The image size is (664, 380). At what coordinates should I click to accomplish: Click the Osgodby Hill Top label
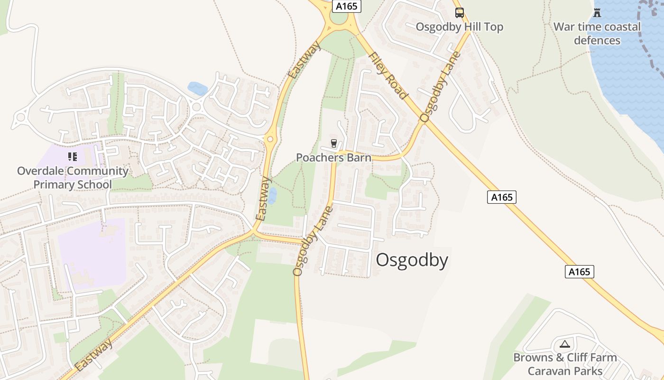459,27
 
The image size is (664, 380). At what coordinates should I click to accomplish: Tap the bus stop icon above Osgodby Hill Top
459,13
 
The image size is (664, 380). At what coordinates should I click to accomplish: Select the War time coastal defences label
597,33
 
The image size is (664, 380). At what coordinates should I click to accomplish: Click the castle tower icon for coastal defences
597,13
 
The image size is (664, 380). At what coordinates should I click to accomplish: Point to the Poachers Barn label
333,158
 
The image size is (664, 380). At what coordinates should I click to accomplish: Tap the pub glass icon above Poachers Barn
333,143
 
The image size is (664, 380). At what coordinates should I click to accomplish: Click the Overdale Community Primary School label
73,178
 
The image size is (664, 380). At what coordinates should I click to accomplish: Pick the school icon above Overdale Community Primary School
73,156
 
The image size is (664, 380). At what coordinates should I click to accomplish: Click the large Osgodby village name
412,260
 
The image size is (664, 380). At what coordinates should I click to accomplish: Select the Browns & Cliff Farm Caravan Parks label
565,364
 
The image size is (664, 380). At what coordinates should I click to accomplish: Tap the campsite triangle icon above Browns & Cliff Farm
564,344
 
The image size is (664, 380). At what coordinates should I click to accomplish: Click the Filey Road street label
388,76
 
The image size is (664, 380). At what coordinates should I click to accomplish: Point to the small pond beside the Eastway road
272,195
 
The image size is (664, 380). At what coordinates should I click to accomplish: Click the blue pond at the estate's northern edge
198,88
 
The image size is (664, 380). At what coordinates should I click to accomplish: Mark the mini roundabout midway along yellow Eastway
270,139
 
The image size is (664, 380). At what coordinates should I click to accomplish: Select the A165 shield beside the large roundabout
347,6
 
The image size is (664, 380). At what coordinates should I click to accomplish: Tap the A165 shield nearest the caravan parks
579,272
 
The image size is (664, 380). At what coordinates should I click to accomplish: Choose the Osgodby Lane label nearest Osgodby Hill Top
440,87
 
